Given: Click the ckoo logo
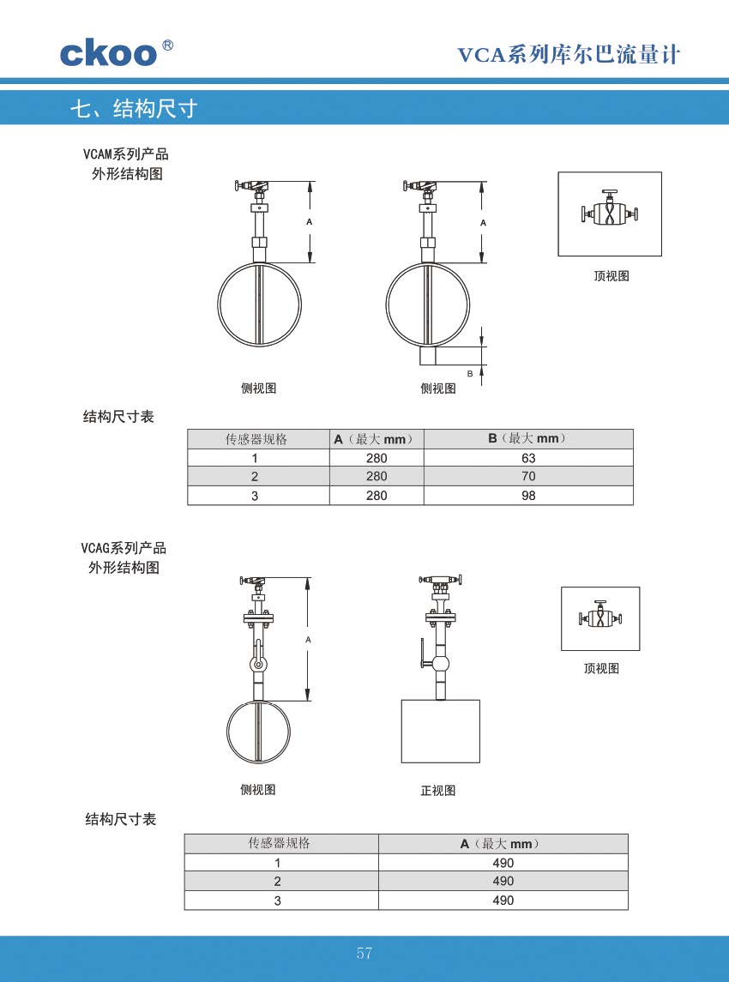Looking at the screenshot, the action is click(117, 53).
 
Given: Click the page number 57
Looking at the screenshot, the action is click(364, 953).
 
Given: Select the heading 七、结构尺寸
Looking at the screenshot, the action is click(134, 109).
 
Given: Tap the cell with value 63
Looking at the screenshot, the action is click(528, 458).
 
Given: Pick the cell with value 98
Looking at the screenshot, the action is click(528, 496).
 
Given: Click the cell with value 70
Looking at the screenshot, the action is click(528, 477).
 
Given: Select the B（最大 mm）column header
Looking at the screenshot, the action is click(528, 439).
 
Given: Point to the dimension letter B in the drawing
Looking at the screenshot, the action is click(470, 374).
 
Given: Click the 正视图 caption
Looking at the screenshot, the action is click(437, 791).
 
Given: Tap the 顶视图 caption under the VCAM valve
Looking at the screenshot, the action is click(612, 275).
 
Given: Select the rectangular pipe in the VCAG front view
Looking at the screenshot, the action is click(440, 731).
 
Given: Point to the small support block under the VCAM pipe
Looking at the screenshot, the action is click(429, 357).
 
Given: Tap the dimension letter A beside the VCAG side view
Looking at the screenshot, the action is click(308, 640).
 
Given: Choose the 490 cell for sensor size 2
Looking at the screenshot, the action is click(503, 881).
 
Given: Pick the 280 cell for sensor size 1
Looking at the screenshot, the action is click(377, 458).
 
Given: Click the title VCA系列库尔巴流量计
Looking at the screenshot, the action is click(569, 55).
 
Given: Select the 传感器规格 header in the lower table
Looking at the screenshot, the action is click(280, 843).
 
